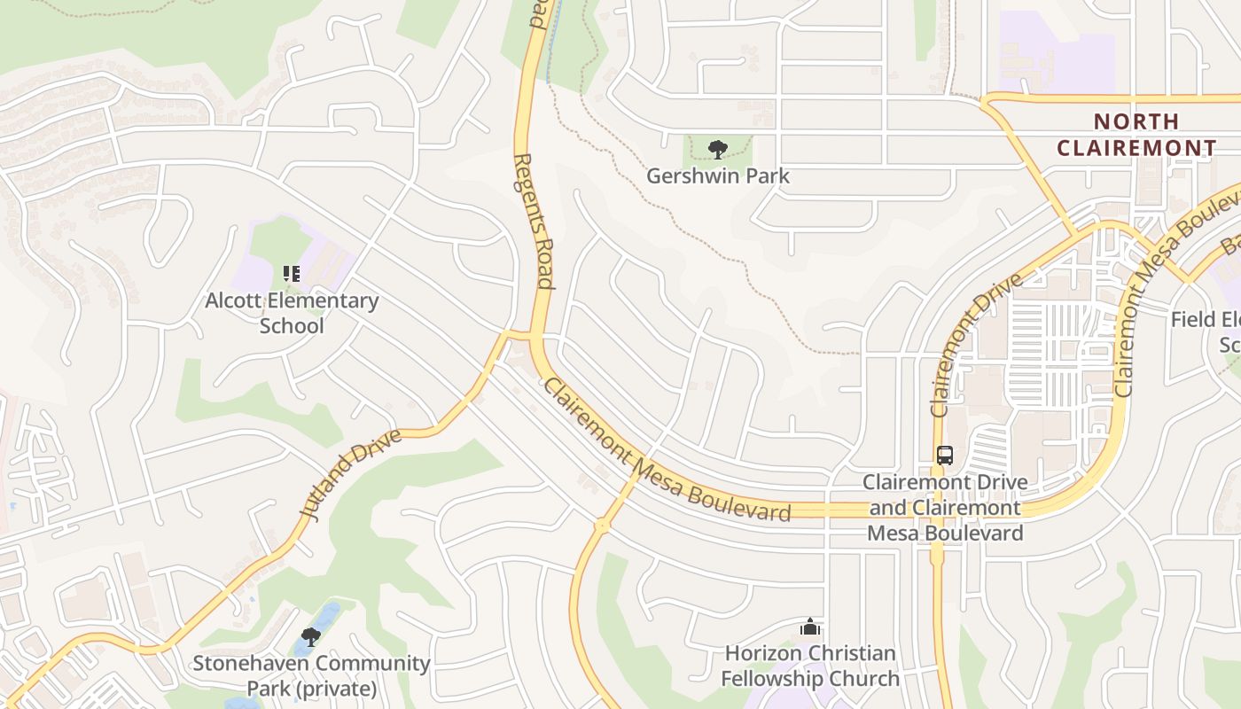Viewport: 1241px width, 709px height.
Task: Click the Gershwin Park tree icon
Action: (x=717, y=149)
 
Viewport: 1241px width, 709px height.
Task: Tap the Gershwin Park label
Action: (x=717, y=175)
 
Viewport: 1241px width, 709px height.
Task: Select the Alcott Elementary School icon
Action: (x=292, y=274)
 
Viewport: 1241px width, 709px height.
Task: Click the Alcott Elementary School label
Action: (x=292, y=313)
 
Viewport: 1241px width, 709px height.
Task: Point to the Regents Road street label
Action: (x=534, y=222)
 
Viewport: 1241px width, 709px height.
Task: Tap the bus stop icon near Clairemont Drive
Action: (x=945, y=456)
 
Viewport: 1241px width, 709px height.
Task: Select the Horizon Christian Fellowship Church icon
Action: (x=809, y=627)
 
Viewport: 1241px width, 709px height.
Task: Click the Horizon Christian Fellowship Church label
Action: (x=809, y=666)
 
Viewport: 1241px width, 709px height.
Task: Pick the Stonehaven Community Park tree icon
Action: (x=310, y=636)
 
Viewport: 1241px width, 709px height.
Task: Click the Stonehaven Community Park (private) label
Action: (x=311, y=675)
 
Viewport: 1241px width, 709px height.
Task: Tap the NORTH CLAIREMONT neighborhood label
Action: (x=1136, y=135)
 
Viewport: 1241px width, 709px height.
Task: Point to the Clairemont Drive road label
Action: (x=974, y=346)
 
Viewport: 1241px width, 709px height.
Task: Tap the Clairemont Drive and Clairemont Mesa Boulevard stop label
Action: (x=945, y=508)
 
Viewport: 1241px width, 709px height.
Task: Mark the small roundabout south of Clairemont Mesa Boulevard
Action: (x=602, y=526)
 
